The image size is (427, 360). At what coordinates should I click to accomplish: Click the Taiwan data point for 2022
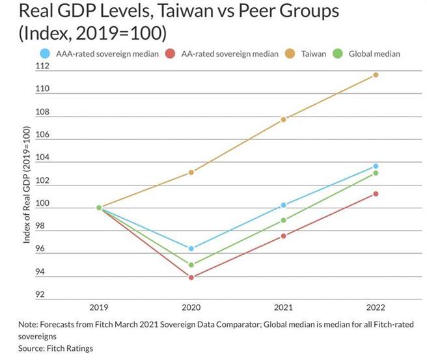(376, 75)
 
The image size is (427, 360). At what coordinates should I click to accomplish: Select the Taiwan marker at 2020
(191, 173)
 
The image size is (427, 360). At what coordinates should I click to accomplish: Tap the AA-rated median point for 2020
(191, 277)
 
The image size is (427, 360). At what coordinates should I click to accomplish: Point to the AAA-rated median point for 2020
(191, 249)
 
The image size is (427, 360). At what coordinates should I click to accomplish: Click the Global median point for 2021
(284, 220)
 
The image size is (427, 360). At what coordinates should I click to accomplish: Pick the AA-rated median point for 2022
(376, 193)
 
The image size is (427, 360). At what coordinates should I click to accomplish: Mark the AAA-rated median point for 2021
(284, 205)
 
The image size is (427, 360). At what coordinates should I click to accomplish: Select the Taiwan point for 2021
(284, 119)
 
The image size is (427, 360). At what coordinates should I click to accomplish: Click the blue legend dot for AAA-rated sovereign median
(44, 53)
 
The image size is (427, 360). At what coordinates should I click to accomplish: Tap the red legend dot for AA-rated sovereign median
(171, 53)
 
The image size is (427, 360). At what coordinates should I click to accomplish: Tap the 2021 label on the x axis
(284, 308)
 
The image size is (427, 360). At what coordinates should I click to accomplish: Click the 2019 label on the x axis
(99, 308)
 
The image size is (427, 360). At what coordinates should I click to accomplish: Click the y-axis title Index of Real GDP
(27, 186)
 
